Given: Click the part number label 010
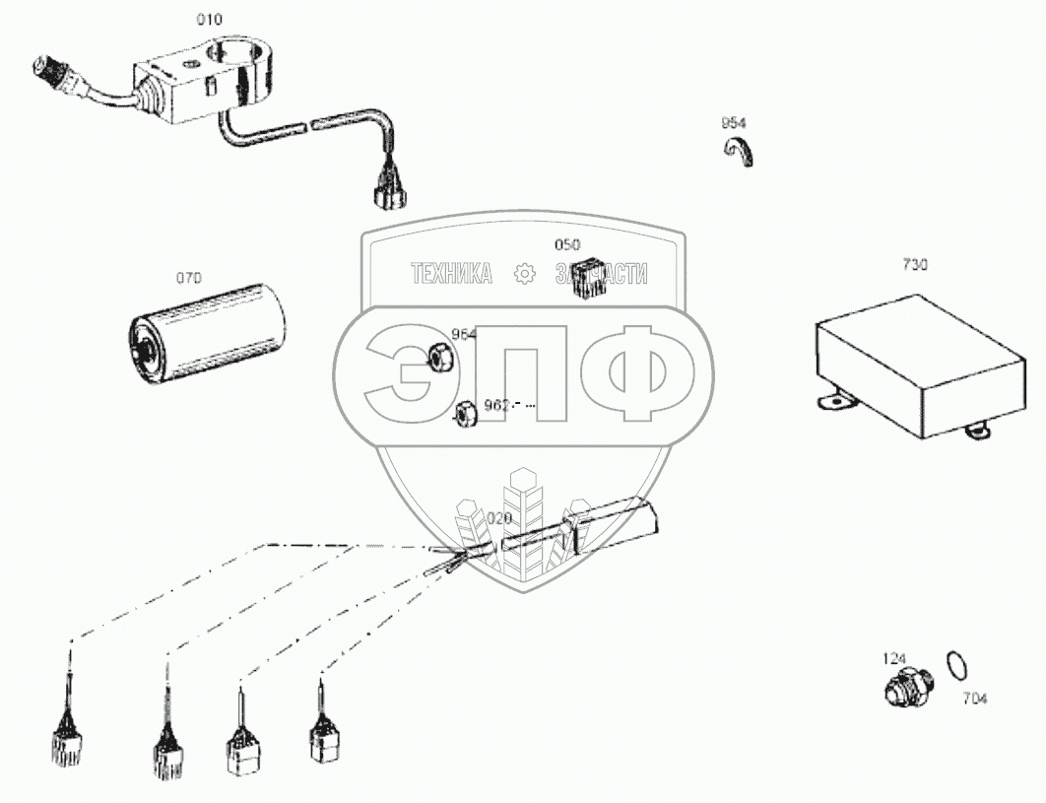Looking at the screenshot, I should coord(209,19).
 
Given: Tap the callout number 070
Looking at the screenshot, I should coord(188,279).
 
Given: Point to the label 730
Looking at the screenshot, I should coord(914,264).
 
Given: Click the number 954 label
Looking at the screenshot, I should coord(733,123).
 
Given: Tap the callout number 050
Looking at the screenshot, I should coord(567,244).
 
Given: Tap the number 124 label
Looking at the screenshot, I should coord(893,657).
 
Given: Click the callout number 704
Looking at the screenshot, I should coord(974,699).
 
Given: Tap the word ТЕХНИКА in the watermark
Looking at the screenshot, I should coord(451,275).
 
